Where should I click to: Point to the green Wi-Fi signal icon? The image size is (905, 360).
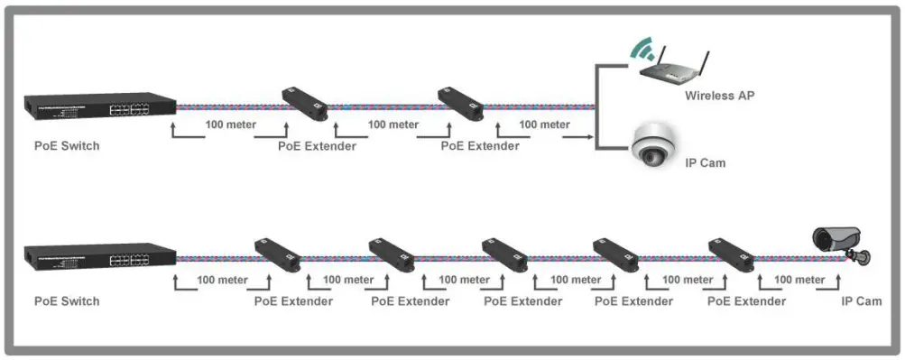click(642, 49)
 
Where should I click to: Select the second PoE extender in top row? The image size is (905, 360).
click(461, 104)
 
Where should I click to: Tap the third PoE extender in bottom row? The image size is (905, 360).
click(504, 255)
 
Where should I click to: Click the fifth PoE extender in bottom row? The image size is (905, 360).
click(731, 255)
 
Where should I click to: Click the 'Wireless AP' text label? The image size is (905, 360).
click(718, 95)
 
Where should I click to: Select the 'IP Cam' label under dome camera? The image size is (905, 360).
click(706, 163)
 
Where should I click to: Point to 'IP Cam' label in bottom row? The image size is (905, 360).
click(862, 300)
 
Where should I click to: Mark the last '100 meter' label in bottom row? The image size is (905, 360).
click(799, 280)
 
